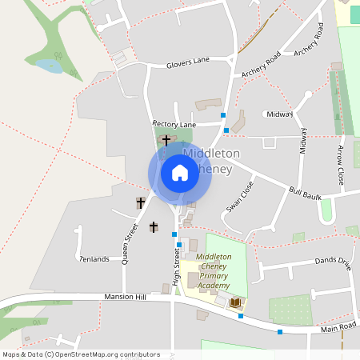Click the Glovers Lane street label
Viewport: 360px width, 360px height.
(188, 62)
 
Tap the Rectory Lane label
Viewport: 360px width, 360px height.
(174, 124)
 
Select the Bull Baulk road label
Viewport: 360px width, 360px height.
(304, 193)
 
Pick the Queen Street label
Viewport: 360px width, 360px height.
(130, 242)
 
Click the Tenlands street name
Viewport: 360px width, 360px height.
(94, 259)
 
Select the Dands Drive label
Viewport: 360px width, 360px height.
(333, 261)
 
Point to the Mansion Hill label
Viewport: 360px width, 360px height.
(125, 297)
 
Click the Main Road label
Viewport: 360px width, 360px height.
(338, 326)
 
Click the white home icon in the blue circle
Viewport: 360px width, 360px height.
(180, 172)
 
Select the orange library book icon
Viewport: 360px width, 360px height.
(236, 302)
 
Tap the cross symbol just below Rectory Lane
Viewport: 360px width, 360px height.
(166, 140)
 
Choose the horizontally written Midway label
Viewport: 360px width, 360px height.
(280, 114)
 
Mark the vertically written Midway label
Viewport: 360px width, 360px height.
(303, 142)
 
